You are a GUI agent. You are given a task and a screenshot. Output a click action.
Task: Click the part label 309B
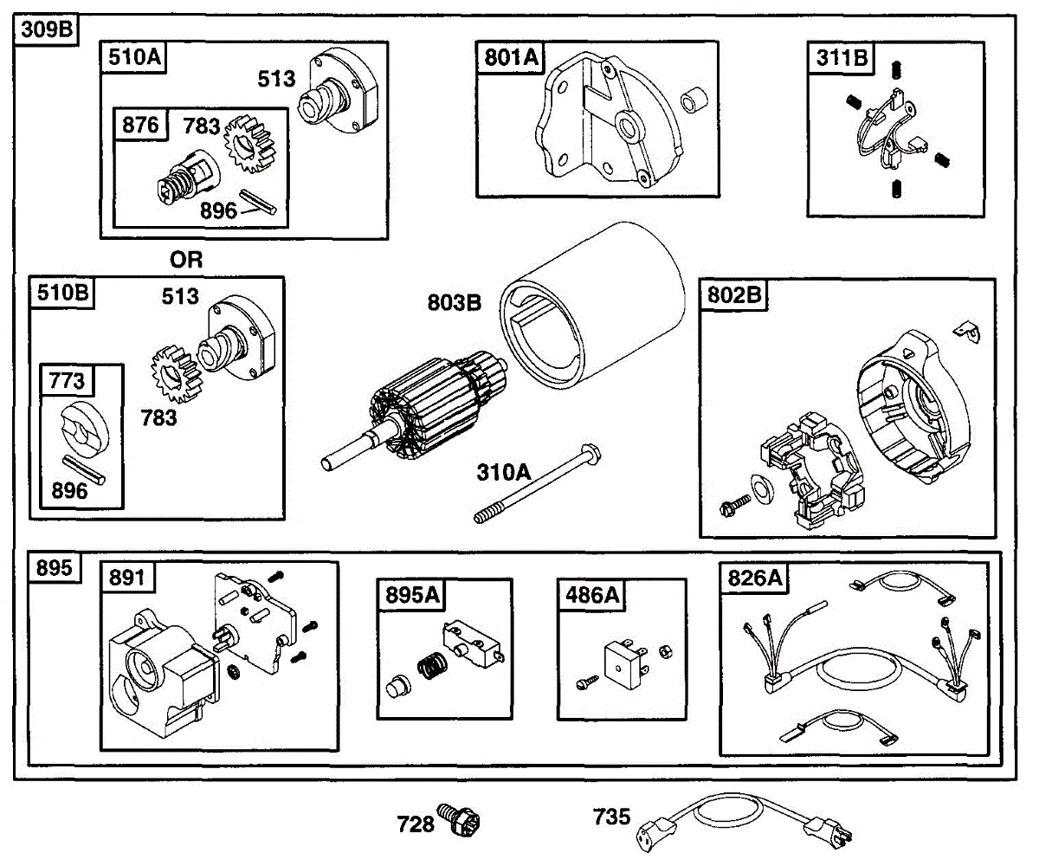click(x=43, y=30)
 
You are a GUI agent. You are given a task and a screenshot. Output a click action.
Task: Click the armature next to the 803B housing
click(x=416, y=407)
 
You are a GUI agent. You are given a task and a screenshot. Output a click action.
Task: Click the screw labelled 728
click(x=464, y=818)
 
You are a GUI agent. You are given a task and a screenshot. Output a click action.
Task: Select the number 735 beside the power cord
click(x=611, y=817)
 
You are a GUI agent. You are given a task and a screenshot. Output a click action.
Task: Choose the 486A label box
click(x=591, y=595)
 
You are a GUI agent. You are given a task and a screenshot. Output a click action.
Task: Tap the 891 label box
click(x=127, y=578)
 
